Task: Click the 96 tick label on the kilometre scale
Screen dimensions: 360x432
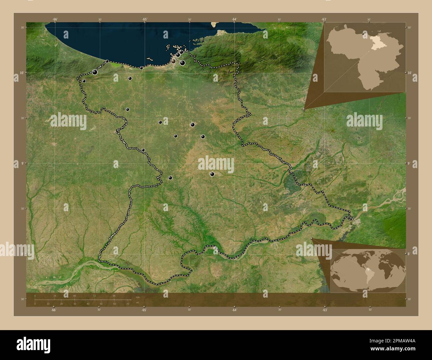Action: [114, 296]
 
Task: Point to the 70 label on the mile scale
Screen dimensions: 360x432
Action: [128, 304]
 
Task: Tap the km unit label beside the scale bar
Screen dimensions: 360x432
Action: [138, 297]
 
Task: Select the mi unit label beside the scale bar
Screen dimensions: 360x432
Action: [137, 303]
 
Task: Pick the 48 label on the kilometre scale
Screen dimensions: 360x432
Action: [74, 296]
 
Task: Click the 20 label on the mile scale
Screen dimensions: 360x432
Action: [61, 304]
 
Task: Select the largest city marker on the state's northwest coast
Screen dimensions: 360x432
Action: [95, 72]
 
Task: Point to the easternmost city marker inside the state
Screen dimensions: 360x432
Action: [212, 174]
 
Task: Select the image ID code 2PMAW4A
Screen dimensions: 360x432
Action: [398, 340]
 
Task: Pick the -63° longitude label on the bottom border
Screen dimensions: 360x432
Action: [325, 310]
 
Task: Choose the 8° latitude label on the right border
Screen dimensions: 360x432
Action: [409, 254]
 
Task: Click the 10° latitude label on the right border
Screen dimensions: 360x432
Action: [410, 72]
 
